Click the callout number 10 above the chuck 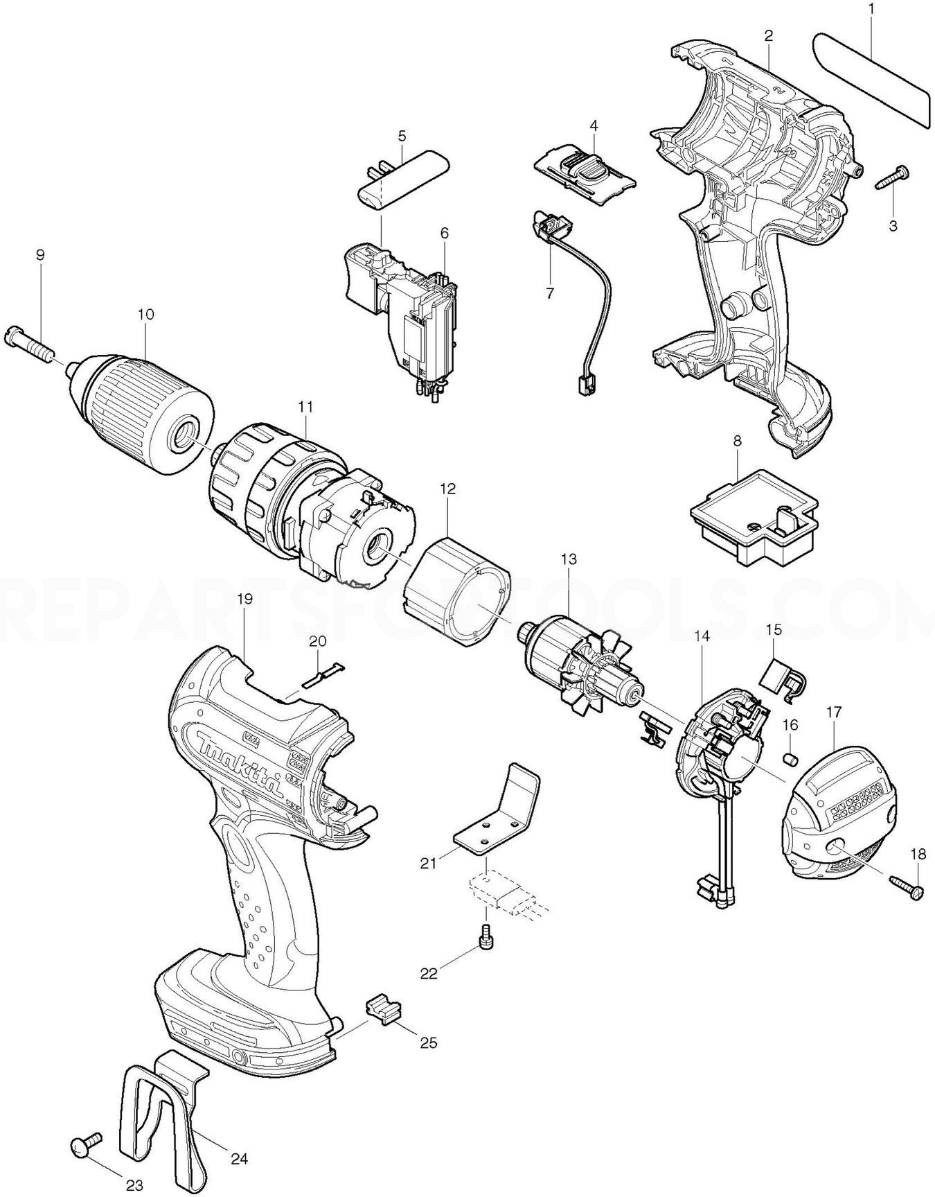coord(145,314)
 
